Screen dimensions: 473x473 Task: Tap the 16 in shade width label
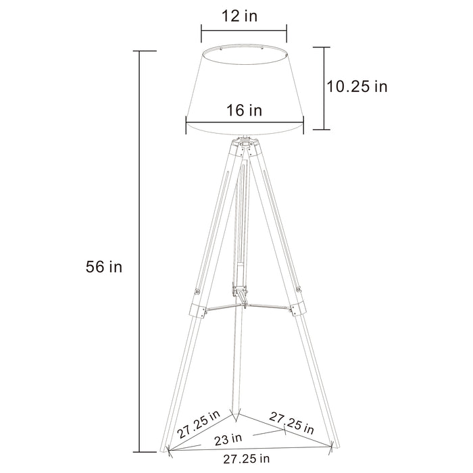(245, 109)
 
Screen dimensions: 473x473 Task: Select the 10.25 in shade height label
(357, 86)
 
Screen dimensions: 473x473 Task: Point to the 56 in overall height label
(105, 267)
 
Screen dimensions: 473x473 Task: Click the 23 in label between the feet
(228, 439)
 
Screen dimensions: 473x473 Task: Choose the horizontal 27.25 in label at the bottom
(247, 459)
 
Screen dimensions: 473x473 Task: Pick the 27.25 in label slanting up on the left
(199, 422)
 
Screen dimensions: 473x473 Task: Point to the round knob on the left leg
(196, 292)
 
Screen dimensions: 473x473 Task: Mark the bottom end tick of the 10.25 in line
(322, 129)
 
